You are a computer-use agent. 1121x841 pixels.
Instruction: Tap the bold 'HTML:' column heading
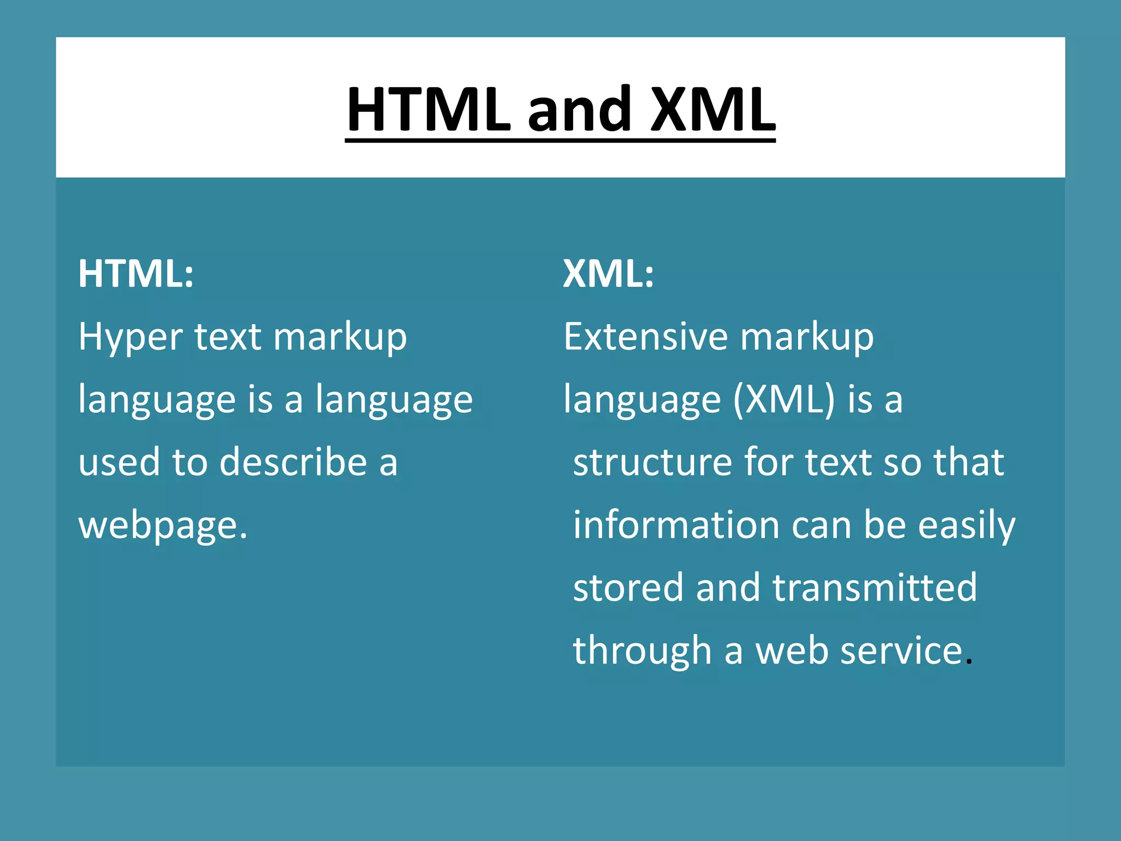(136, 274)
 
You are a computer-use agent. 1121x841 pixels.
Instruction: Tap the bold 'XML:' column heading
(608, 274)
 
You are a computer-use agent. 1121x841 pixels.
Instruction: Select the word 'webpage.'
(163, 526)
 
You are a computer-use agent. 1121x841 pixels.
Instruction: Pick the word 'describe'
(293, 462)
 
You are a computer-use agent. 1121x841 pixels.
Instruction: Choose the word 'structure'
(652, 462)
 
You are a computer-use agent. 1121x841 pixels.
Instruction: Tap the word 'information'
(676, 525)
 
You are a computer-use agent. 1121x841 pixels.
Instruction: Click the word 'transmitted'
(874, 587)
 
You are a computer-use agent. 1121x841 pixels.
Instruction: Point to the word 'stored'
(628, 587)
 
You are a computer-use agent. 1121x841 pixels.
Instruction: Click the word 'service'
(901, 650)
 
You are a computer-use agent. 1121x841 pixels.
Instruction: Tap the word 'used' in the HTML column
(119, 462)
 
